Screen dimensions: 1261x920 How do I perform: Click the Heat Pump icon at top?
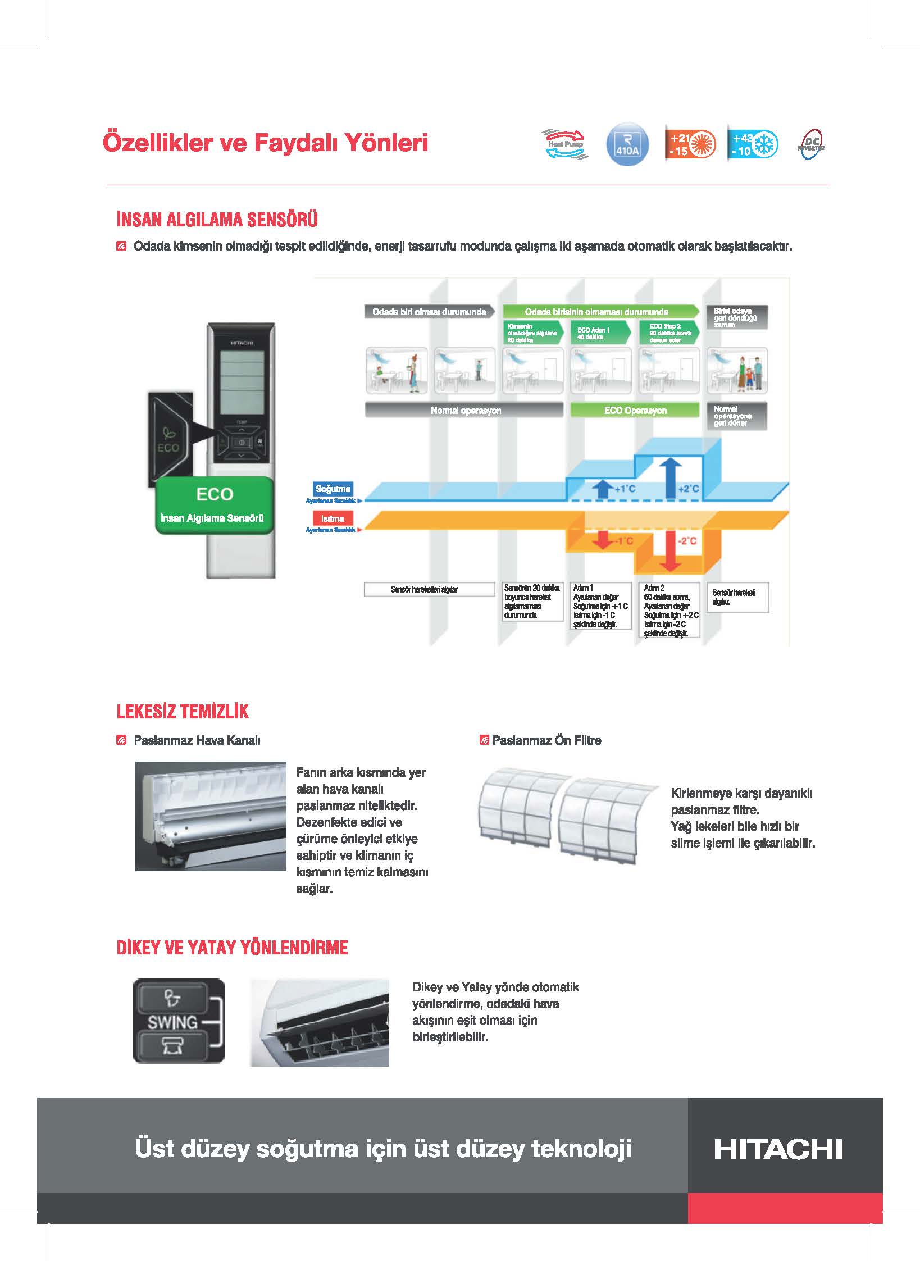pyautogui.click(x=564, y=144)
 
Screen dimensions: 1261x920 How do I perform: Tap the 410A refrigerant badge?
pyautogui.click(x=627, y=145)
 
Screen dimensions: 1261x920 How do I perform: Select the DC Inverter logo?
pyautogui.click(x=811, y=145)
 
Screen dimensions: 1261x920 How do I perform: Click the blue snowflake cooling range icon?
pyautogui.click(x=753, y=144)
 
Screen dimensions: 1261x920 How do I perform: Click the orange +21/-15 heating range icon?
pyautogui.click(x=690, y=144)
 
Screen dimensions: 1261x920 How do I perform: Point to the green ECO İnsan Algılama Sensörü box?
pyautogui.click(x=213, y=505)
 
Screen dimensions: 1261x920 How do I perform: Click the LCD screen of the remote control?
pyautogui.click(x=242, y=382)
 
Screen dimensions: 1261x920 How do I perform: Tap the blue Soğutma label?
pyautogui.click(x=333, y=489)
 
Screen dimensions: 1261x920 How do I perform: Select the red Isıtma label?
pyautogui.click(x=333, y=518)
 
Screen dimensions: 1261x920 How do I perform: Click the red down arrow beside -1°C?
pyautogui.click(x=603, y=540)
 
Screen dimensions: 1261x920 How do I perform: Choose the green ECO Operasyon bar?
pyautogui.click(x=635, y=411)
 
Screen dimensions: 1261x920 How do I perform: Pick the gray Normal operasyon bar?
pyautogui.click(x=464, y=411)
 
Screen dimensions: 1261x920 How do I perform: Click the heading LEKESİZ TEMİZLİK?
pyautogui.click(x=183, y=712)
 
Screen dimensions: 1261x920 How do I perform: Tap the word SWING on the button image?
pyautogui.click(x=172, y=1022)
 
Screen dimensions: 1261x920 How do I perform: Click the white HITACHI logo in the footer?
pyautogui.click(x=778, y=1149)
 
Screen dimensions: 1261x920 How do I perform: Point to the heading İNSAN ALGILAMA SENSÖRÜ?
pyautogui.click(x=217, y=219)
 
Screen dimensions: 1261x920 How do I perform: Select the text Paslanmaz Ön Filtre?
pyautogui.click(x=546, y=740)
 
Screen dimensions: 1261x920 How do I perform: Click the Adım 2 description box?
pyautogui.click(x=669, y=610)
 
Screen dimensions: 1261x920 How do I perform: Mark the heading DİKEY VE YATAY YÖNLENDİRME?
pyautogui.click(x=232, y=948)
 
